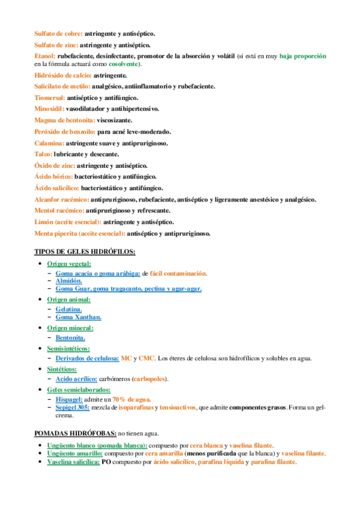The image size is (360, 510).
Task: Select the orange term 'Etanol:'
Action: (44, 56)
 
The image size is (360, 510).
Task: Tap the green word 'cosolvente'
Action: (123, 64)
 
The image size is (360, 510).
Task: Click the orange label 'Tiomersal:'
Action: (49, 97)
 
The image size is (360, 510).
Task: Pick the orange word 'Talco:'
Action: (43, 154)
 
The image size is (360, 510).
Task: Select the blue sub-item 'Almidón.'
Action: (69, 281)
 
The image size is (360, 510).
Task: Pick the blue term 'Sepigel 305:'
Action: (72, 407)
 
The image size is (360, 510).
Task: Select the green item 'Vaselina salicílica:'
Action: (73, 462)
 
